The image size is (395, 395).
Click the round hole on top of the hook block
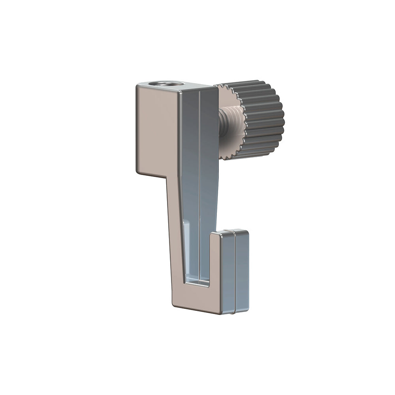[x=163, y=84]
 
